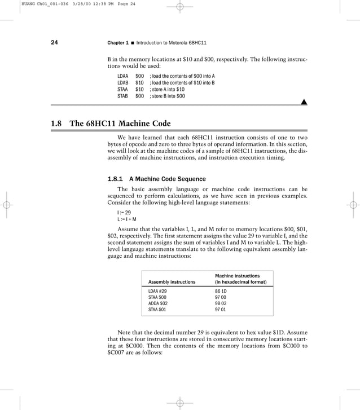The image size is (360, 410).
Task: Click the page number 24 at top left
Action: (54, 43)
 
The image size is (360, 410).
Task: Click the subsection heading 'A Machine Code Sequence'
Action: (167, 179)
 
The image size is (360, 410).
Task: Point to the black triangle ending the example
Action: (304, 102)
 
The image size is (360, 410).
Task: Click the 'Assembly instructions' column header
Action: (172, 281)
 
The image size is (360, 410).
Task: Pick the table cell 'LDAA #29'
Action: (157, 291)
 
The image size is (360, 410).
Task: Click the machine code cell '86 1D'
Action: (221, 291)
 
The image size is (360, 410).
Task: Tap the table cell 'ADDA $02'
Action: (158, 303)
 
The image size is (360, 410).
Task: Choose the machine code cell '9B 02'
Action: (221, 303)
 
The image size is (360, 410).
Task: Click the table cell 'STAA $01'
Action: (157, 309)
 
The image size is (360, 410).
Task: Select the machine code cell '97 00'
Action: (221, 297)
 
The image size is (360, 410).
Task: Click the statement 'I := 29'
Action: (124, 213)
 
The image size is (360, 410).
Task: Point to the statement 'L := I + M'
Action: (127, 219)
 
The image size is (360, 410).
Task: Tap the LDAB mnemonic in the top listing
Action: (122, 82)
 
